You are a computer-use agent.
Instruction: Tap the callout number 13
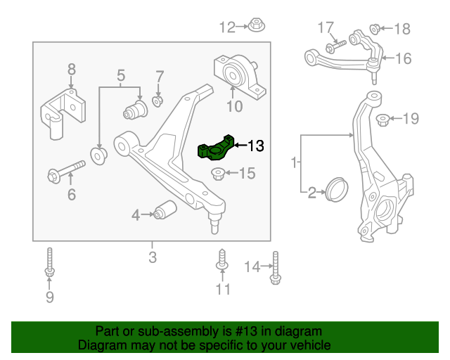pyautogui.click(x=255, y=146)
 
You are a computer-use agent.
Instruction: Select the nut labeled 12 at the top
pyautogui.click(x=255, y=27)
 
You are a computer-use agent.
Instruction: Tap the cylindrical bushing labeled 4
pyautogui.click(x=167, y=210)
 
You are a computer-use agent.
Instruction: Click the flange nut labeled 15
pyautogui.click(x=219, y=173)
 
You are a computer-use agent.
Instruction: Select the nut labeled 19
pyautogui.click(x=384, y=118)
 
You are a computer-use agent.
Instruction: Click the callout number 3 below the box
pyautogui.click(x=153, y=257)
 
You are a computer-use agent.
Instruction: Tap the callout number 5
pyautogui.click(x=120, y=75)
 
